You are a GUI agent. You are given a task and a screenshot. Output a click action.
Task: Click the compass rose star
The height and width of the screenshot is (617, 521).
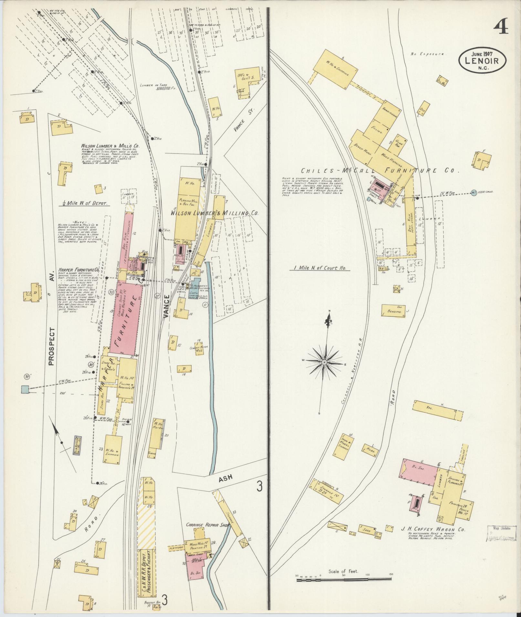[324, 363]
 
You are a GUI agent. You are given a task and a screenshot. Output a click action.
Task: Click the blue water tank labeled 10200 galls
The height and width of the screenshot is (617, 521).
[474, 193]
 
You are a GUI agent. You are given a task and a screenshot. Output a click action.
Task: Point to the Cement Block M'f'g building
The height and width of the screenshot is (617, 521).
[200, 349]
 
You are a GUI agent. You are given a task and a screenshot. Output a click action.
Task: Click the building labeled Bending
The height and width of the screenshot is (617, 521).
[394, 311]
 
